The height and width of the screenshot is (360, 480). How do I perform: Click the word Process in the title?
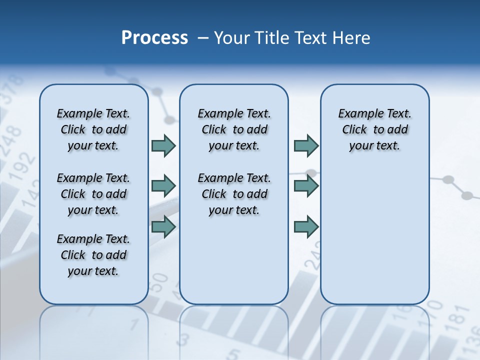pos(154,38)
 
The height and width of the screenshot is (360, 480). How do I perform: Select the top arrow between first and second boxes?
pos(163,145)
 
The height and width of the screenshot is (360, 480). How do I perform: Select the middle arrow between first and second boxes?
pos(163,186)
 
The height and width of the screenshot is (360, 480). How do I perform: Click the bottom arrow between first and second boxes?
pos(163,227)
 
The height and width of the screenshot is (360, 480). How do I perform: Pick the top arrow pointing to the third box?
pos(306,145)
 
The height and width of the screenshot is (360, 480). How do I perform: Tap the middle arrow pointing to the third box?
pos(306,186)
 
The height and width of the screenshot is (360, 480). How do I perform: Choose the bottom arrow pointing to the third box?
pos(306,227)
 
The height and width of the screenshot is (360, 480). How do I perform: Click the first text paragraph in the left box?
pos(93,129)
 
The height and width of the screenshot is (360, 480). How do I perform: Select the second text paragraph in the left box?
pos(93,194)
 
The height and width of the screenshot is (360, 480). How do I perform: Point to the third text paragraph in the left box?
pos(93,255)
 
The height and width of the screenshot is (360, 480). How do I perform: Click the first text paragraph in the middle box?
pos(234,129)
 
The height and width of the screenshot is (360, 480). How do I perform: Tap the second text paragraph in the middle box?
pos(234,194)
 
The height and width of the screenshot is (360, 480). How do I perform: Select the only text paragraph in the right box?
pos(374,129)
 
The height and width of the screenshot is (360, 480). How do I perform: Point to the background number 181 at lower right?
pos(457,319)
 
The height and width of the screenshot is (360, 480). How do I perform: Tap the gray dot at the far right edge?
pos(467,195)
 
